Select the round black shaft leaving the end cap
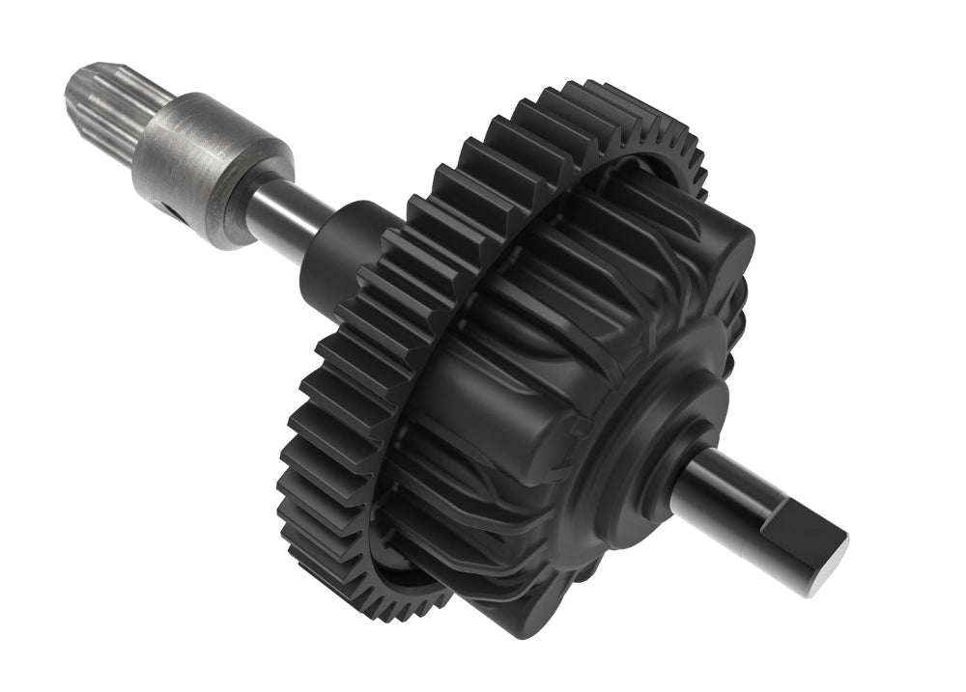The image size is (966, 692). click(x=720, y=487)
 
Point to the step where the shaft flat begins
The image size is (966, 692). click(x=763, y=516)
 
